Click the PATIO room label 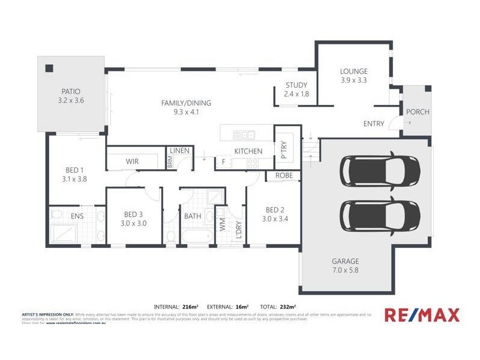point(71,91)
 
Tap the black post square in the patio point(50,68)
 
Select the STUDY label point(296,85)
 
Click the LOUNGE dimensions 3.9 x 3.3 point(353,80)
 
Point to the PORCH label point(418,112)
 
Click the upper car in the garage point(380,170)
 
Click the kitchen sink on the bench point(245,134)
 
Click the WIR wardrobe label point(133,161)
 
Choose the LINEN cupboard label point(180,150)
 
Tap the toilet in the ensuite point(57,214)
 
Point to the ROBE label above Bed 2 point(284,176)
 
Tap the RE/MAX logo point(422,314)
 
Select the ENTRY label point(374,124)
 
